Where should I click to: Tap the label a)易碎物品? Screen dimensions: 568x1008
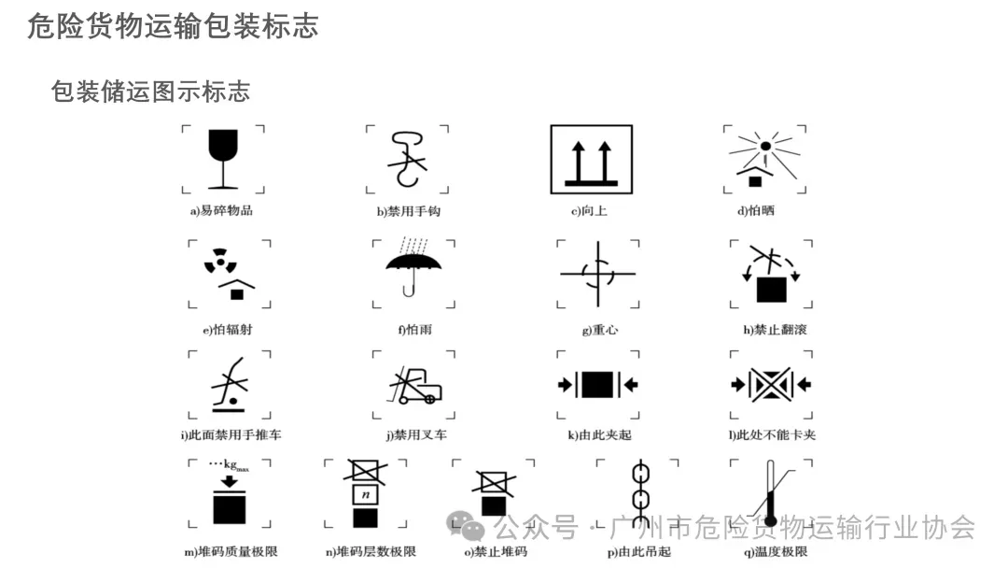(x=222, y=211)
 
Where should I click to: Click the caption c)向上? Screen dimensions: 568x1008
(x=590, y=211)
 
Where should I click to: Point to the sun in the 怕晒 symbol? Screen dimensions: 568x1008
(x=765, y=146)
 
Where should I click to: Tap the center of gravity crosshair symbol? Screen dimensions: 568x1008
(x=597, y=274)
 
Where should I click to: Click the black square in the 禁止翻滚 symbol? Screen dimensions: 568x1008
(x=771, y=290)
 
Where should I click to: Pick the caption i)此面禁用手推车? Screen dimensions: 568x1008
(x=231, y=434)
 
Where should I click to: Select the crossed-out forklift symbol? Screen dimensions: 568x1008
(x=412, y=384)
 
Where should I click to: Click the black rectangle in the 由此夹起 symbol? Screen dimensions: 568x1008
(x=597, y=384)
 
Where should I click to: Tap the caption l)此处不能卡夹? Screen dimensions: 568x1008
(x=773, y=434)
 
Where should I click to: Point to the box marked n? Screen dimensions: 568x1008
(x=366, y=493)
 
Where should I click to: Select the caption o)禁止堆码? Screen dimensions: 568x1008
(x=496, y=551)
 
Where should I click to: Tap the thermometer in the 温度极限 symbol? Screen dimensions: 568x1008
(x=770, y=495)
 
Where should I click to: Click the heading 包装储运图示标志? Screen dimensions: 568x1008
(x=151, y=92)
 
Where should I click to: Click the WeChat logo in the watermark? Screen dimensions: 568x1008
(x=466, y=527)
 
